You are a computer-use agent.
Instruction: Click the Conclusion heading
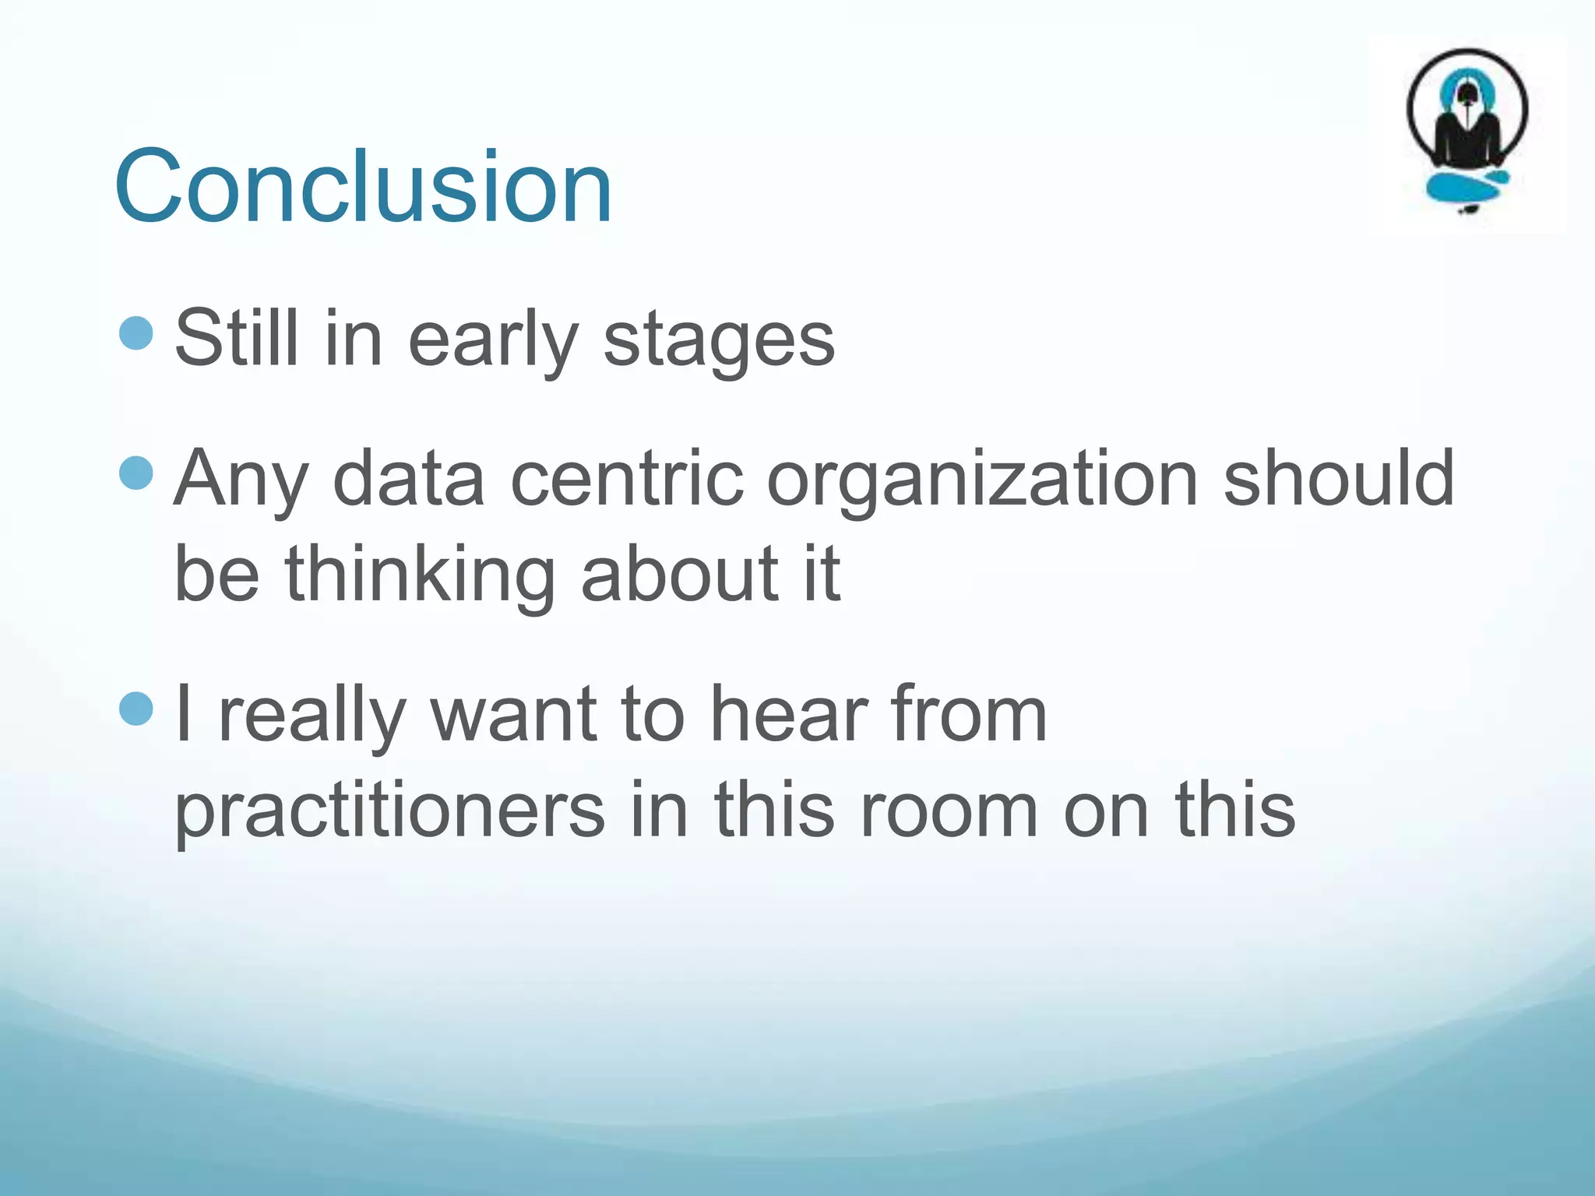(363, 187)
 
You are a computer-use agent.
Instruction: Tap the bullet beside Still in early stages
(137, 333)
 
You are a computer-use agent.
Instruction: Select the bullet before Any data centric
(137, 473)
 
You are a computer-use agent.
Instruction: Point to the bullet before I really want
(137, 709)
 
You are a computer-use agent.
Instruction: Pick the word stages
(719, 343)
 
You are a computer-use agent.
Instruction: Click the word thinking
(420, 576)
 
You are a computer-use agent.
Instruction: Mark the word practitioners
(389, 813)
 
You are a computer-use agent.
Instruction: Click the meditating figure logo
(1466, 117)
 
